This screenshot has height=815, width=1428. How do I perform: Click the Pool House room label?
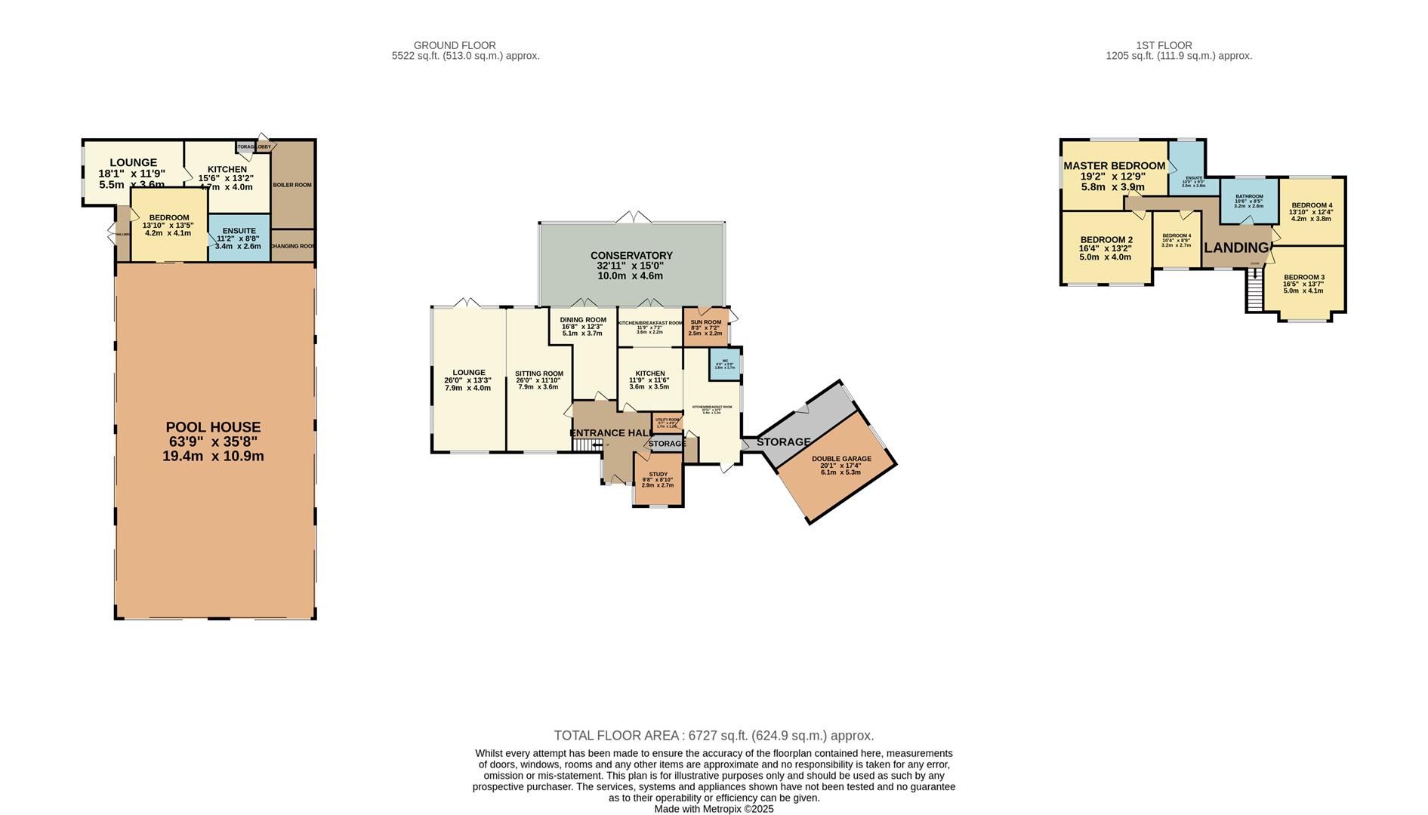point(214,427)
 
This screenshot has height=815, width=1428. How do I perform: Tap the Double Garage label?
point(841,459)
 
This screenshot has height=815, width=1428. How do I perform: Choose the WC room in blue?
point(724,364)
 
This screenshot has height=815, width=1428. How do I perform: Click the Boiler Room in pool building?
point(292,185)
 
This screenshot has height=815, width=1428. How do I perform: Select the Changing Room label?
point(292,246)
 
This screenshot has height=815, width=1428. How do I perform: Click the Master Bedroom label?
point(1114,166)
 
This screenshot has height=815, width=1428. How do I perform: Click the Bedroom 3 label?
point(1303,277)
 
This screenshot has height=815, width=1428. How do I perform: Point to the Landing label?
point(1236,248)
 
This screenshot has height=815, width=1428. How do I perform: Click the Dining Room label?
point(582,320)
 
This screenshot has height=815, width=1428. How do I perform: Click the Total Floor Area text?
point(714,736)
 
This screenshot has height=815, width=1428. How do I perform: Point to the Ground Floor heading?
point(455,45)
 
